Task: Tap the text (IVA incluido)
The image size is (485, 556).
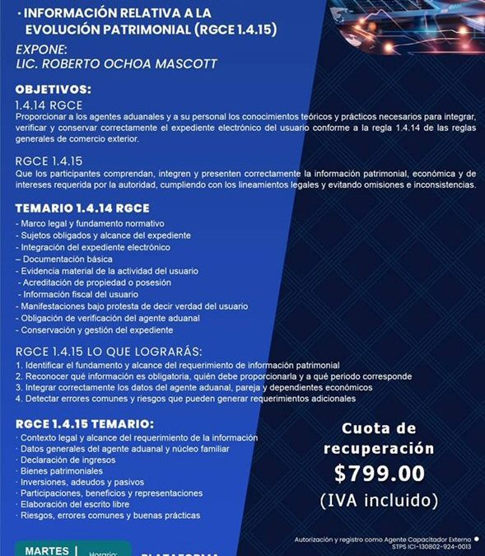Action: point(380,499)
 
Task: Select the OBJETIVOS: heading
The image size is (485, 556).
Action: point(54,89)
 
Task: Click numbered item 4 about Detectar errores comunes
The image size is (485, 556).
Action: point(185,399)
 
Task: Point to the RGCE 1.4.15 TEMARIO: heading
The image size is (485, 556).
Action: point(85,423)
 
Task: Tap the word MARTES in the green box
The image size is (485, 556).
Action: point(47,550)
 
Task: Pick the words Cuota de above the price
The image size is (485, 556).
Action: point(378,429)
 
